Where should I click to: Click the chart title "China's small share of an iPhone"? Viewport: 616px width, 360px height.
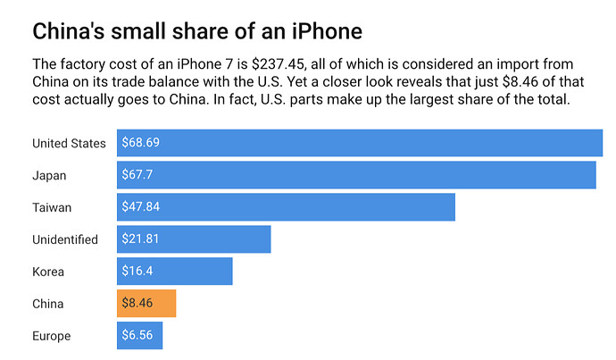pos(197,31)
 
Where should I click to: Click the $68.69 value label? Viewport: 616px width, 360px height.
pos(141,143)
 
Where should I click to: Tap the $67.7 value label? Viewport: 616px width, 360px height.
pos(137,175)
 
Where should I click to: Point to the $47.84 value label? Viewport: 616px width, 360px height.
pos(141,207)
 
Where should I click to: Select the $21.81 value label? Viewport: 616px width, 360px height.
pos(140,239)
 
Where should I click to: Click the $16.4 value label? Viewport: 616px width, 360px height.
pos(137,272)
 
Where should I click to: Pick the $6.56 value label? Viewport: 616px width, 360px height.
pos(137,336)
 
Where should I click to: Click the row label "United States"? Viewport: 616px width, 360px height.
pos(69,143)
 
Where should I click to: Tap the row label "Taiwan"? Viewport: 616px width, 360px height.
pos(51,207)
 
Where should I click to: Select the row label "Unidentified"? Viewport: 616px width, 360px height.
pos(65,239)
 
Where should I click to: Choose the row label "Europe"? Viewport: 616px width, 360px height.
pos(51,336)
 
